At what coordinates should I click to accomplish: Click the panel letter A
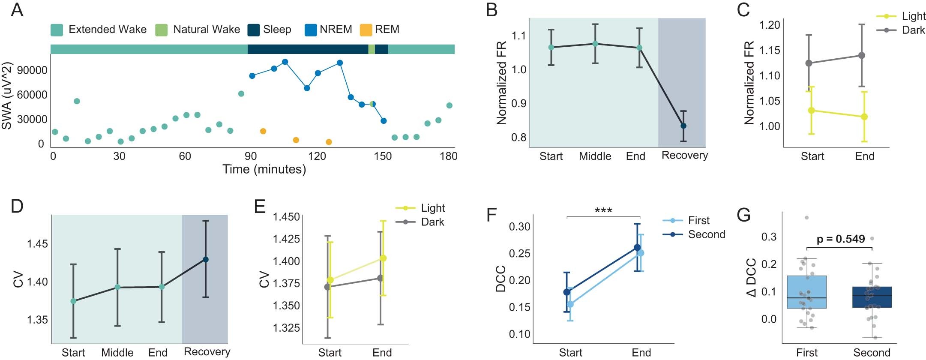(17, 9)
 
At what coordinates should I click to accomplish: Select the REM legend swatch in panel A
(366, 30)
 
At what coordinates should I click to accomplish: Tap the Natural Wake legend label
(206, 30)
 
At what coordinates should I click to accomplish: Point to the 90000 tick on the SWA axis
(32, 70)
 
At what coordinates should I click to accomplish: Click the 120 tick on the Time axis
(317, 156)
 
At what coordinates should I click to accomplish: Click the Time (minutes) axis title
(264, 169)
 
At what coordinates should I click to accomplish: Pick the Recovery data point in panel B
(683, 126)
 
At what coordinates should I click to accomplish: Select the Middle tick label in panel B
(595, 156)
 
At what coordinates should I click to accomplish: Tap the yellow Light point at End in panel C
(864, 117)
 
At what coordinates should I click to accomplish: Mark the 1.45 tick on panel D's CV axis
(37, 244)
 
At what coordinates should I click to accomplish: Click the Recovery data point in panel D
(205, 259)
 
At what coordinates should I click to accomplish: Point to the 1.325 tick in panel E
(286, 328)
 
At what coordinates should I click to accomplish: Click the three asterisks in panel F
(603, 210)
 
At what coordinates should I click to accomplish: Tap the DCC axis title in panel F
(500, 279)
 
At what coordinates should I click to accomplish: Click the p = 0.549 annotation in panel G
(840, 239)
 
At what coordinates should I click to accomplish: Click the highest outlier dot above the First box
(806, 218)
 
